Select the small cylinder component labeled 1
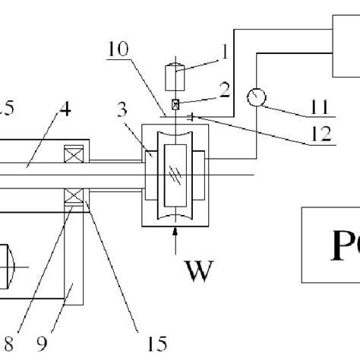175,77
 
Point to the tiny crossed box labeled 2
175,105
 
